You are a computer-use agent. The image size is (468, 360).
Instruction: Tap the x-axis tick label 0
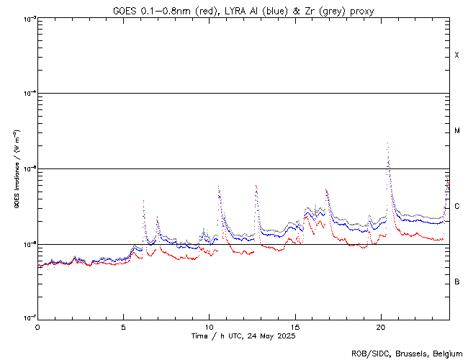tap(37, 326)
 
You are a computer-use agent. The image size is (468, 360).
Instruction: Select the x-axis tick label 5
tap(123, 326)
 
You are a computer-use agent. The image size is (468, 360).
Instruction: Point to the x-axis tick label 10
tap(209, 326)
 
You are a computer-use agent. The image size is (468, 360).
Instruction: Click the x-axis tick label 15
tap(295, 326)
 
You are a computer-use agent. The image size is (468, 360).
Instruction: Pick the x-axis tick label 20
tap(381, 326)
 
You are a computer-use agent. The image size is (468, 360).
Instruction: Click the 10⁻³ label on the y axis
tap(28, 19)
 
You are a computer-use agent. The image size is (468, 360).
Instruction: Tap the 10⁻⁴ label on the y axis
tap(28, 94)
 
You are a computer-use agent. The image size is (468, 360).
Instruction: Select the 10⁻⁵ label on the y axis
tap(28, 169)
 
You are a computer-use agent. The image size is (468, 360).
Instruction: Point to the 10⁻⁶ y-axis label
tap(28, 244)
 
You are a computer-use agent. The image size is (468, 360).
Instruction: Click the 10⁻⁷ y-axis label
tap(28, 318)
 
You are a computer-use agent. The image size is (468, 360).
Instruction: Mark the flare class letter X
tap(457, 55)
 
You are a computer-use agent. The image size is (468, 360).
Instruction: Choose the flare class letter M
tap(457, 131)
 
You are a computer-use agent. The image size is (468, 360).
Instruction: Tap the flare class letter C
tap(457, 207)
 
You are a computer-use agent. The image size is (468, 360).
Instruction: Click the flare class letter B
tap(457, 282)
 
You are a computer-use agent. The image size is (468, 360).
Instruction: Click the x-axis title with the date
tap(243, 336)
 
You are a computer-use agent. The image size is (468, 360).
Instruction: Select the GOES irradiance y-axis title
tap(16, 169)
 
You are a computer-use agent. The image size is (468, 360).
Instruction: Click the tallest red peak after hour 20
tap(388, 143)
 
